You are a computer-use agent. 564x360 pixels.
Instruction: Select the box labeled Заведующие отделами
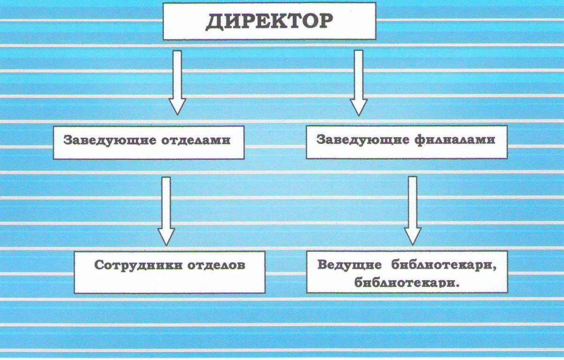148,142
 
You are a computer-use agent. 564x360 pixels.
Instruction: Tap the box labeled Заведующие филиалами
406,142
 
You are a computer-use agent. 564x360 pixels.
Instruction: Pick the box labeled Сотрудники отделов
169,272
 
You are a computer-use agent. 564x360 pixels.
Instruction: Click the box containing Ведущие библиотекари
406,272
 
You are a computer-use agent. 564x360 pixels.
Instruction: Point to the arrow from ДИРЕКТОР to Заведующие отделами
177,82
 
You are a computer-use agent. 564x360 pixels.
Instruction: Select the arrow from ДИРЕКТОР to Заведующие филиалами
359,82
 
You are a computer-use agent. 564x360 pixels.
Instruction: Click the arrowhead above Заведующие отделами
177,106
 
